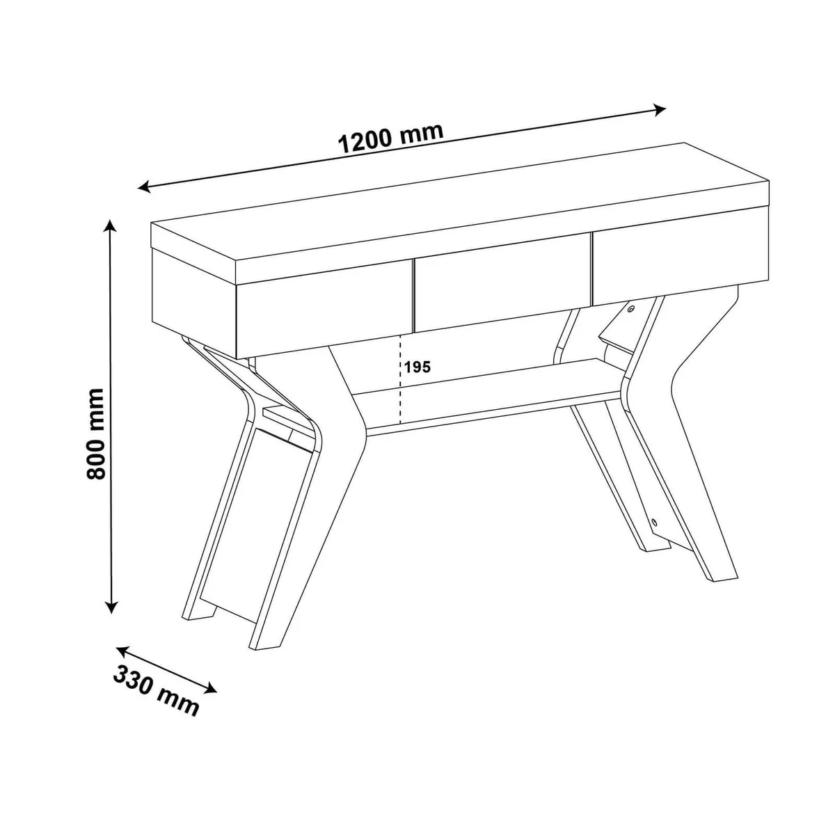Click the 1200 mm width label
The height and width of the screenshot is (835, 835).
391,137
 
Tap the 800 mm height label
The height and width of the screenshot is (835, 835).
95,434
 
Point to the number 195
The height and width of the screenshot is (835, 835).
417,367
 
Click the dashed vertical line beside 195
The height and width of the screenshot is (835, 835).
401,379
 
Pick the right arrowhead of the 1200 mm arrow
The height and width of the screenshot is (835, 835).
659,111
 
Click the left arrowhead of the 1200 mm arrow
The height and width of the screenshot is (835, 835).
144,186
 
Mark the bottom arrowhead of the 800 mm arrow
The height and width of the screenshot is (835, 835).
112,606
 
